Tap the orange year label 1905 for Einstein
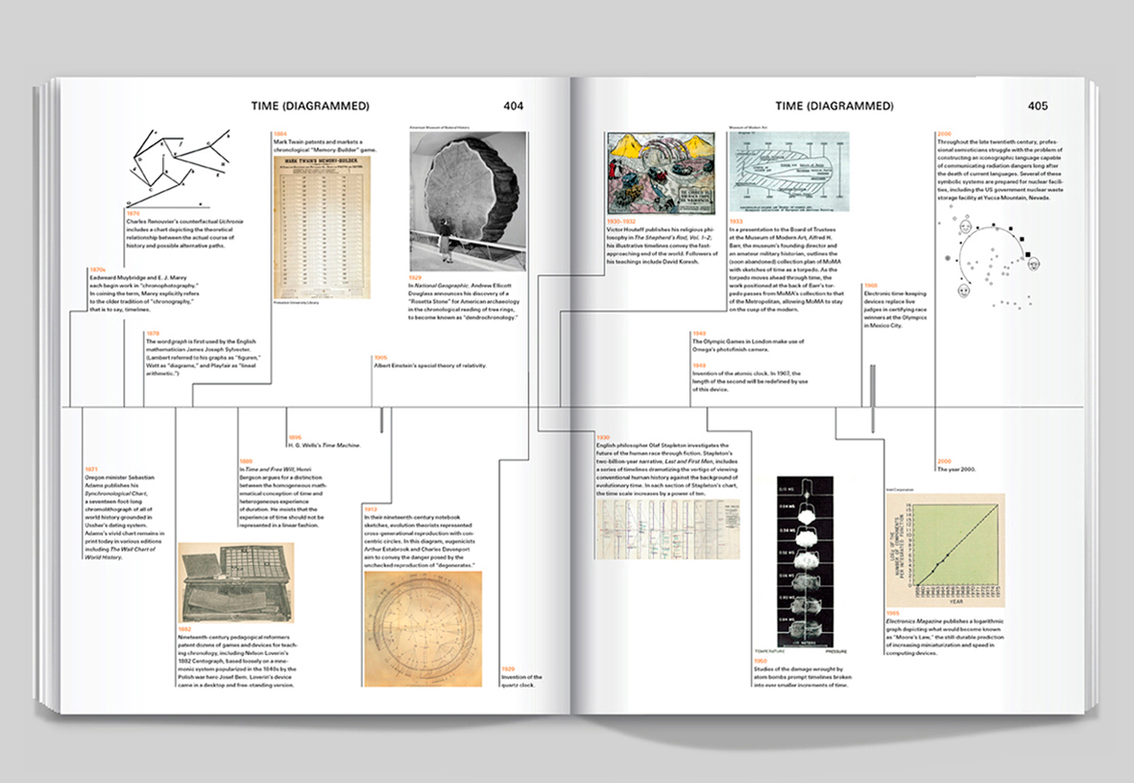pyautogui.click(x=380, y=357)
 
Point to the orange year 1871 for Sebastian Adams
pyautogui.click(x=92, y=469)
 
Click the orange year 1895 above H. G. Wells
pyautogui.click(x=294, y=437)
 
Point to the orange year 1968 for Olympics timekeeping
pyautogui.click(x=870, y=285)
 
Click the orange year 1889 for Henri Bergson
pyautogui.click(x=245, y=461)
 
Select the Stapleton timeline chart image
pyautogui.click(x=660, y=527)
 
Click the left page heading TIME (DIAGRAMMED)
pyautogui.click(x=310, y=105)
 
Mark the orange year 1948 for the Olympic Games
pyautogui.click(x=699, y=333)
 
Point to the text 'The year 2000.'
pyautogui.click(x=958, y=469)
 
